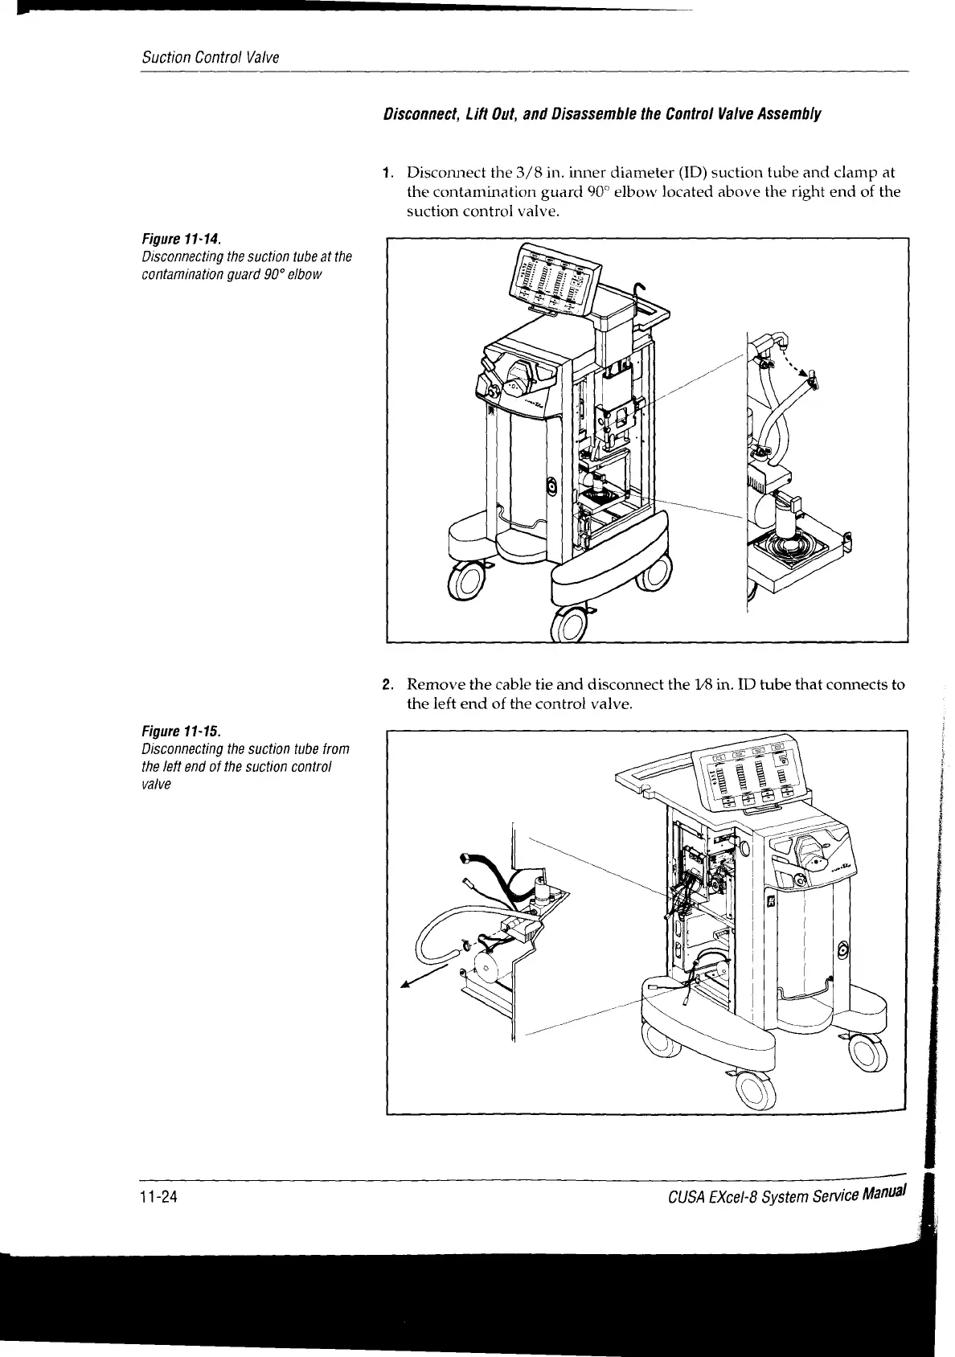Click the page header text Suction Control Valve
point(210,58)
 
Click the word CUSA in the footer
point(687,1199)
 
